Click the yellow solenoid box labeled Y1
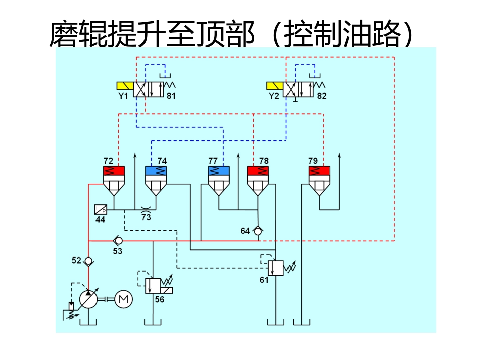click(x=124, y=85)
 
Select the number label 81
click(x=171, y=96)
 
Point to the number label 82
click(x=322, y=96)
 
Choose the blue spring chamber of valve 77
click(x=219, y=171)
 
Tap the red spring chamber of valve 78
click(x=257, y=171)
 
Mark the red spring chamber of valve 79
click(x=320, y=171)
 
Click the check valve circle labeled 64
click(x=258, y=231)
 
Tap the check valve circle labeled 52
click(x=88, y=261)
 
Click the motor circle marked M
click(x=123, y=299)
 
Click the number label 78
click(x=264, y=161)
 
